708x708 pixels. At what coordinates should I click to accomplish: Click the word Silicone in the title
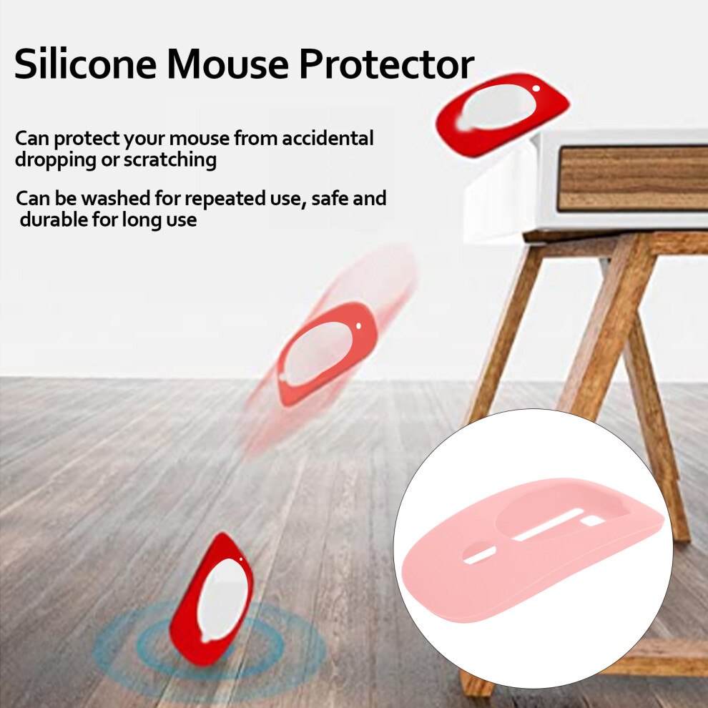pyautogui.click(x=85, y=64)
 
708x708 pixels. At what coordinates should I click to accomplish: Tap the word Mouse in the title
pyautogui.click(x=227, y=64)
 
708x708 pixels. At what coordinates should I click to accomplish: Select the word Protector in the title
pyautogui.click(x=386, y=64)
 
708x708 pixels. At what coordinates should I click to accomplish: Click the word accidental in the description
pyautogui.click(x=328, y=138)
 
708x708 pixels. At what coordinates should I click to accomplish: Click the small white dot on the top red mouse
pyautogui.click(x=536, y=89)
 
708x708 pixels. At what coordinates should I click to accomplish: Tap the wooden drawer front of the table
pyautogui.click(x=633, y=179)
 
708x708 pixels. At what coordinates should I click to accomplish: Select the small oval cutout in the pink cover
pyautogui.click(x=479, y=553)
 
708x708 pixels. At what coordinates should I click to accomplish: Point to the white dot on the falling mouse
pyautogui.click(x=358, y=325)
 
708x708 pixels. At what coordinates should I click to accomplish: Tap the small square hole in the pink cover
pyautogui.click(x=592, y=521)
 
